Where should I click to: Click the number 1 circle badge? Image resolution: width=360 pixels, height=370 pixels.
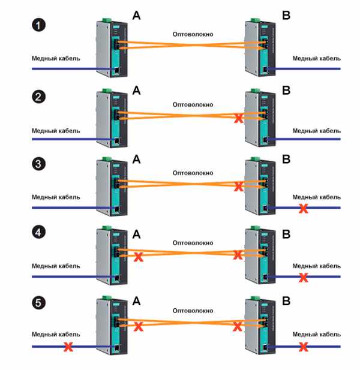click(x=38, y=25)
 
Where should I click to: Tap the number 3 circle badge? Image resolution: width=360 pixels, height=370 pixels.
click(x=38, y=164)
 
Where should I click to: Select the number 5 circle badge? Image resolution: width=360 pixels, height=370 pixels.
click(x=38, y=303)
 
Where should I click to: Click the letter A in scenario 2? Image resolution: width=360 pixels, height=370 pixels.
click(x=136, y=91)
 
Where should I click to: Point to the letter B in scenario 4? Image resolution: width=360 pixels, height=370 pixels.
click(x=286, y=234)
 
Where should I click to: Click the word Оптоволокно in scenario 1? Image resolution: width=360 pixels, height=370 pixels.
click(x=193, y=34)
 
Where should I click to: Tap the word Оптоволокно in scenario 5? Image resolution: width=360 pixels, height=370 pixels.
click(x=193, y=311)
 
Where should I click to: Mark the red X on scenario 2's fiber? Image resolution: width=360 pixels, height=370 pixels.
click(x=239, y=118)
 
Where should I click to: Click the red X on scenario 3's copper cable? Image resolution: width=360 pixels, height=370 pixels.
click(x=304, y=208)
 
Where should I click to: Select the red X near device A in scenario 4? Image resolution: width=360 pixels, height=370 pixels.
click(x=139, y=257)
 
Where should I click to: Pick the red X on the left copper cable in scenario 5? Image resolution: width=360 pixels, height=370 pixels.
click(x=68, y=347)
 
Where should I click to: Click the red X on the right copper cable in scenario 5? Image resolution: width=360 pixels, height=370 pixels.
click(x=304, y=347)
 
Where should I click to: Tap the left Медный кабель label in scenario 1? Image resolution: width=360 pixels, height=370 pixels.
click(x=56, y=58)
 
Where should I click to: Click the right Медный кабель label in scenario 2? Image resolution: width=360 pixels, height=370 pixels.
click(x=317, y=131)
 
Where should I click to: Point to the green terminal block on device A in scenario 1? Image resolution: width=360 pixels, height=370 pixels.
click(x=107, y=20)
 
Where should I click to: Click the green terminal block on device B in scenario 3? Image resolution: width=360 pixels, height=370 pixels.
click(x=255, y=159)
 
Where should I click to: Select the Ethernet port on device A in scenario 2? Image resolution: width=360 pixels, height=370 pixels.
click(x=116, y=141)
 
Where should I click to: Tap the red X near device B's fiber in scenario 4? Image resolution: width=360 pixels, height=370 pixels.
click(x=238, y=255)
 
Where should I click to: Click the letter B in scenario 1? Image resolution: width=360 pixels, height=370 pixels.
click(x=286, y=16)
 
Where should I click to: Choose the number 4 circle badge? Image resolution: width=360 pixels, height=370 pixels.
click(x=38, y=232)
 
